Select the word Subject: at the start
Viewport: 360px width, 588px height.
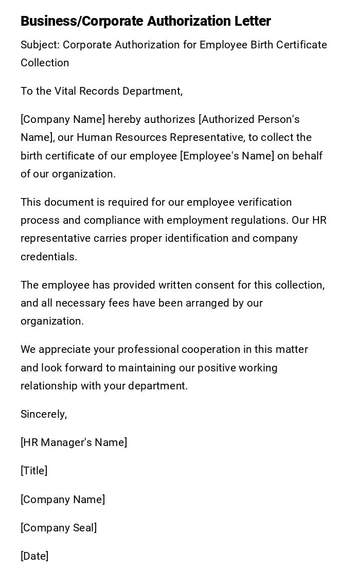[40, 45]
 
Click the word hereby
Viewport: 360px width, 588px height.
[125, 119]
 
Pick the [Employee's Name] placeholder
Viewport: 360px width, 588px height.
[227, 156]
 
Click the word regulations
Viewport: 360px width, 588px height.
[256, 220]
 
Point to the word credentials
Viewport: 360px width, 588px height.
[49, 257]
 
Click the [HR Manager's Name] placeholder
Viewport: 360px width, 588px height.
[74, 442]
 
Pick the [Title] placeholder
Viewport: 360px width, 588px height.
[34, 471]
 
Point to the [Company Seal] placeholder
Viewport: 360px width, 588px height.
[59, 528]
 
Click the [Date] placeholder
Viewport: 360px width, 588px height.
[34, 556]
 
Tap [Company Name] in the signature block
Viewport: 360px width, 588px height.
[63, 500]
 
